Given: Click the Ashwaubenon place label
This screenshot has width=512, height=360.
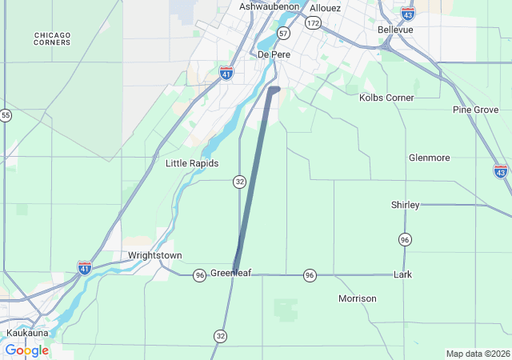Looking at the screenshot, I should [270, 6].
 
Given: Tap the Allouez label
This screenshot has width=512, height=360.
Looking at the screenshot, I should [325, 8].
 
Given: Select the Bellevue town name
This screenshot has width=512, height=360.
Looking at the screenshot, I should [395, 30].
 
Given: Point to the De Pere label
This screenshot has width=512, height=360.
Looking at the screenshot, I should [274, 54].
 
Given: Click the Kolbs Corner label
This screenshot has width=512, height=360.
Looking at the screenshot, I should [386, 98].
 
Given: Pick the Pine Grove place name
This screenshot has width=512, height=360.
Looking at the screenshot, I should [475, 110].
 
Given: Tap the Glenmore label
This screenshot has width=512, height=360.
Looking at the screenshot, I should [429, 158].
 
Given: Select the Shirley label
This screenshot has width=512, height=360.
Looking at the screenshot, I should [405, 205].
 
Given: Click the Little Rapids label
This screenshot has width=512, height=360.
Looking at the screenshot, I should [191, 163].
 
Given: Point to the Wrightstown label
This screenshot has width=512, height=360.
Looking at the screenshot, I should [155, 256].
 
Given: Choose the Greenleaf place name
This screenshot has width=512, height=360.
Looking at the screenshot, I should [230, 274].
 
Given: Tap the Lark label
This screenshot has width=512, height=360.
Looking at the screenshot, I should [403, 274].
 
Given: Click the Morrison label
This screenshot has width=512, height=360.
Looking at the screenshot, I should [357, 298].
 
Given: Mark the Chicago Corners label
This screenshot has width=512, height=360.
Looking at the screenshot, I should [53, 38].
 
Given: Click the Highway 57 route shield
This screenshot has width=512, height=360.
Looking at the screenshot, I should [283, 33].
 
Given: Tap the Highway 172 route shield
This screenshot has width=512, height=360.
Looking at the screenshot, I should [312, 25].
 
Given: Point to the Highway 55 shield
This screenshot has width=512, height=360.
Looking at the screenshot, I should [6, 115].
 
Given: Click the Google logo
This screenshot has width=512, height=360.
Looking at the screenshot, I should [26, 350].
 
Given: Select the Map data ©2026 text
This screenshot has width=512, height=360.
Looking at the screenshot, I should [477, 354].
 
